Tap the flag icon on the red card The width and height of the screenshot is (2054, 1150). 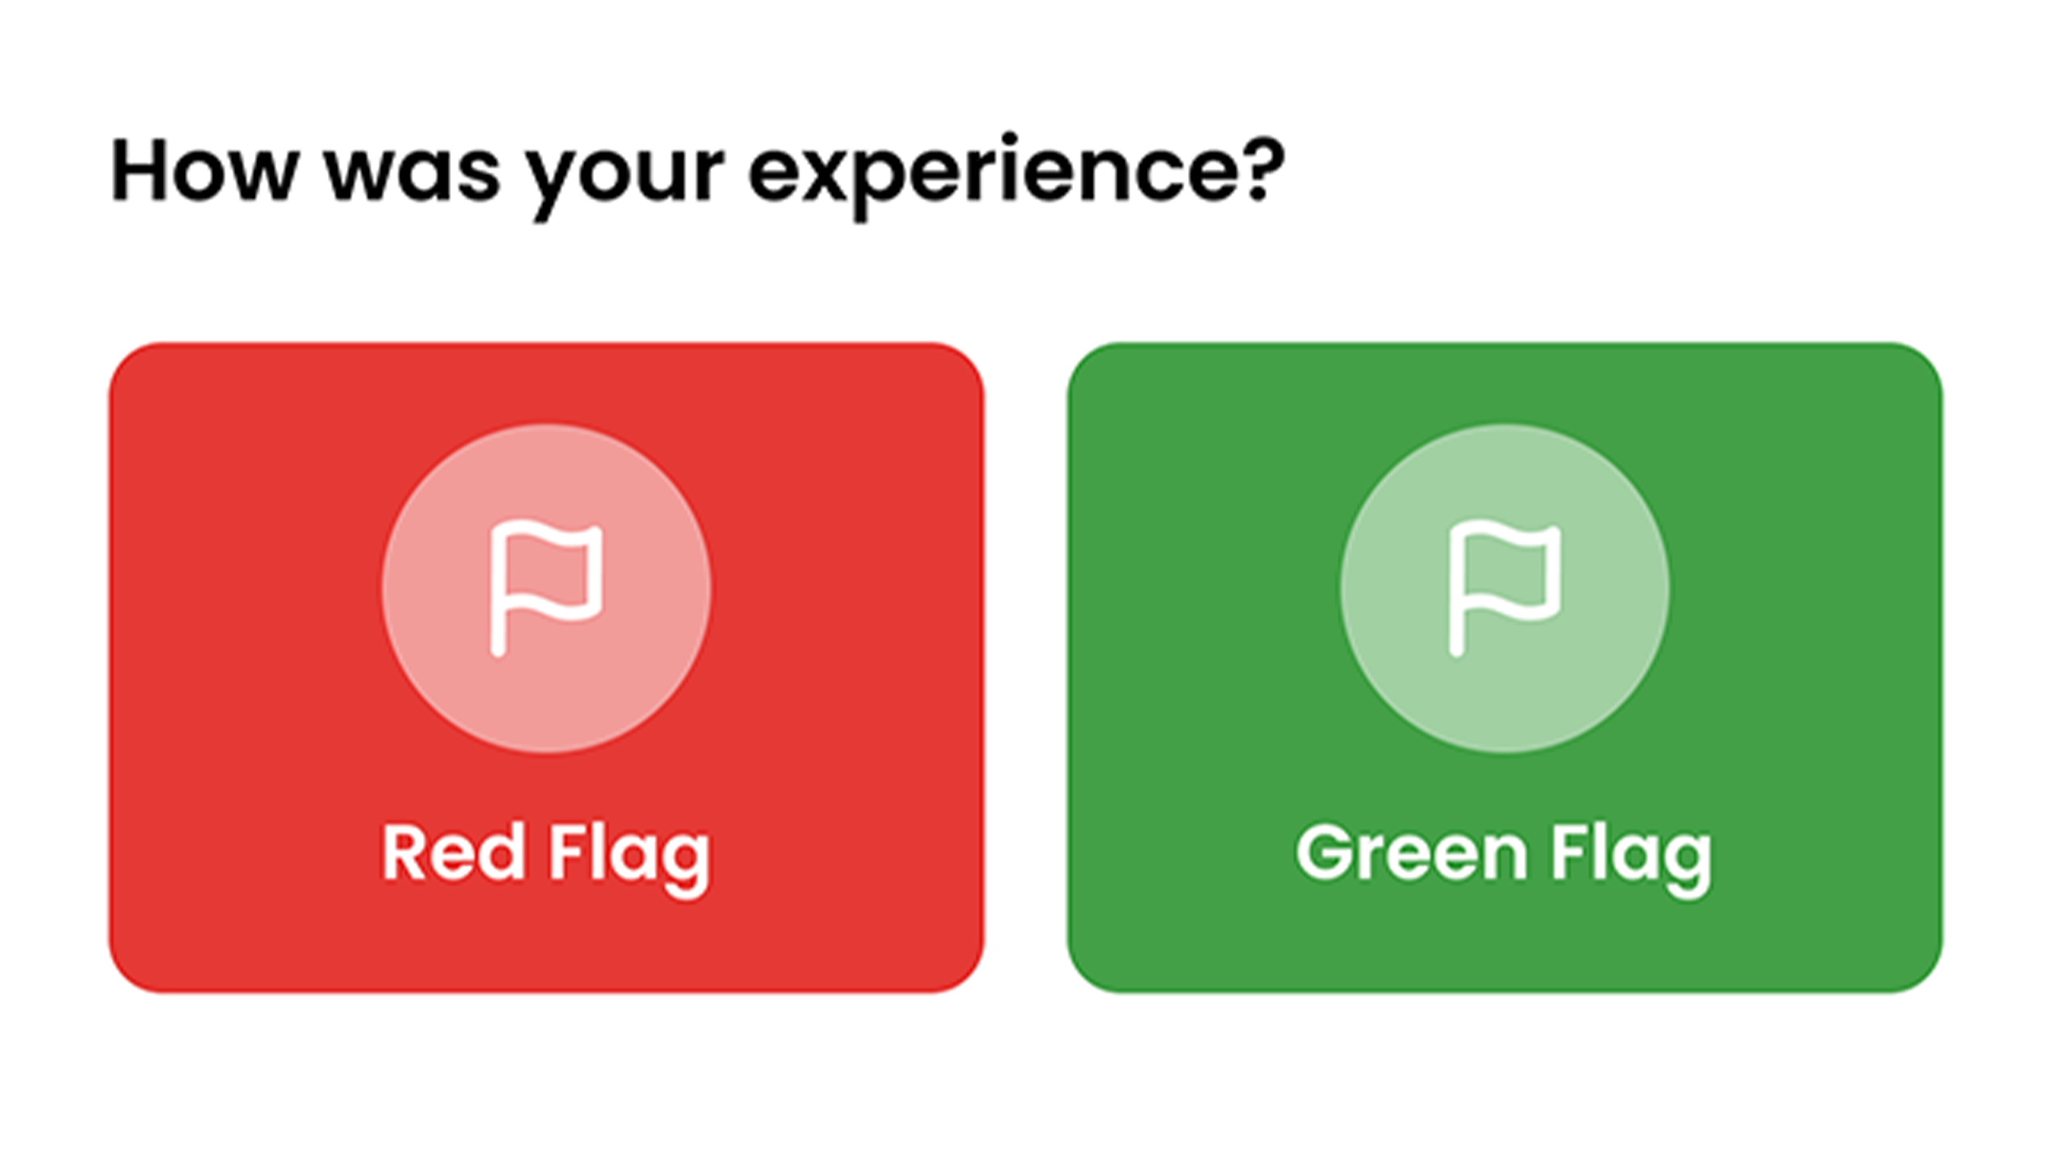click(546, 588)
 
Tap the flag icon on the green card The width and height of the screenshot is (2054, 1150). click(1504, 588)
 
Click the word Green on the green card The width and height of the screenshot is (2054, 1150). click(1411, 853)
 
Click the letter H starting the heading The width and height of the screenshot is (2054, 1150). click(139, 170)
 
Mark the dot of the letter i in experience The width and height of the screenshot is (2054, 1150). click(1010, 139)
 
